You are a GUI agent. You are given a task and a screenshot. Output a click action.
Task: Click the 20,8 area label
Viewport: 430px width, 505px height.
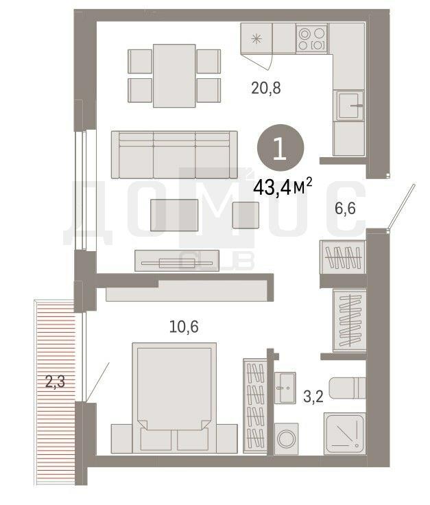point(266,88)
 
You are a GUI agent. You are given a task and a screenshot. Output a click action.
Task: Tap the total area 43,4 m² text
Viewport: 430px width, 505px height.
point(283,187)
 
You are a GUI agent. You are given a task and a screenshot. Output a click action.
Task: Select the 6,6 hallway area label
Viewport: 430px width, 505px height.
point(345,209)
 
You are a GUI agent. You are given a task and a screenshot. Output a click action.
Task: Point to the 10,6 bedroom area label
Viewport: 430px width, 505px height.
point(184,327)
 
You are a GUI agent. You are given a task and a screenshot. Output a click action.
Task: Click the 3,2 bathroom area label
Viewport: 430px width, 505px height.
point(313,396)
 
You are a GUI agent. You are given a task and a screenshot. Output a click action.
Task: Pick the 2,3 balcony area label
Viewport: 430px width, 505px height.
point(55,381)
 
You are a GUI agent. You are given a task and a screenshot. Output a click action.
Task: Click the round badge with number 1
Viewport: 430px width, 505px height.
point(280,148)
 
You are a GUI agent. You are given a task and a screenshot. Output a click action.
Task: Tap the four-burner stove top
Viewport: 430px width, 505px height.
point(311,38)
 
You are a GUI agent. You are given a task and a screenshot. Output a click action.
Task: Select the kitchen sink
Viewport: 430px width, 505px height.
point(350,105)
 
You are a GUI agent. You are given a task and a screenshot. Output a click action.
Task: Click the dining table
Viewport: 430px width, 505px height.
point(174,75)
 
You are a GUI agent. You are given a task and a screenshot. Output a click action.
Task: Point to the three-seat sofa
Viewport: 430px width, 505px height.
point(174,154)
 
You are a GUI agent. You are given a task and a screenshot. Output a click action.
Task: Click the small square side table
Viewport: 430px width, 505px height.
point(246,215)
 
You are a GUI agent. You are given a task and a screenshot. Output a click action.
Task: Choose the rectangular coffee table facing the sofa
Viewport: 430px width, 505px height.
point(174,215)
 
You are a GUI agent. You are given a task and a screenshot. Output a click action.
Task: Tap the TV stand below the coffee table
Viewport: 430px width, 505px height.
point(177,261)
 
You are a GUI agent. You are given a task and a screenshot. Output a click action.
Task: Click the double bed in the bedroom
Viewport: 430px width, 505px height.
point(174,398)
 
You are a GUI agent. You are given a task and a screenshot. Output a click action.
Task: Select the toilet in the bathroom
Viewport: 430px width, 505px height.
point(347,388)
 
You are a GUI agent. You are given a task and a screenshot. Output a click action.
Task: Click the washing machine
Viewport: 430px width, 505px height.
point(287,438)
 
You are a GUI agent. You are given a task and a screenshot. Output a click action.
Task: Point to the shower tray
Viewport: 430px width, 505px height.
point(344,434)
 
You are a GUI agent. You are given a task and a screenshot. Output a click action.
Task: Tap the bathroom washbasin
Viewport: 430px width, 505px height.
point(285,388)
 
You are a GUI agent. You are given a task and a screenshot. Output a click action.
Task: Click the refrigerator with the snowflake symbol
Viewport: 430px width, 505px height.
point(256,38)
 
